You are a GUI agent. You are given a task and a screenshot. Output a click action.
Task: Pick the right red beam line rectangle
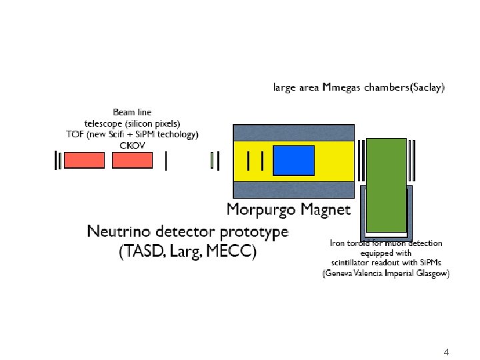132,160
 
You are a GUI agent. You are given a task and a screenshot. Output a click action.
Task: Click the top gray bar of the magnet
293,132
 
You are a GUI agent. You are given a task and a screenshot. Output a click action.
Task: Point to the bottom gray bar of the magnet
293,189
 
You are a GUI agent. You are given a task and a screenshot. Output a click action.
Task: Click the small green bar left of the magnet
212,161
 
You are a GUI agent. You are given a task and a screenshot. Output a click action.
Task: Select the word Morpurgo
261,209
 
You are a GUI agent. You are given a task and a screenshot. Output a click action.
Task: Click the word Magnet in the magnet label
325,209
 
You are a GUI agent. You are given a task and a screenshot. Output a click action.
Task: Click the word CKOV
132,145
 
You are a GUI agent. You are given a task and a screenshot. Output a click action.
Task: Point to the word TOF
74,134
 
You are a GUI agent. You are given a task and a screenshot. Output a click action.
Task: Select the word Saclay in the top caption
425,87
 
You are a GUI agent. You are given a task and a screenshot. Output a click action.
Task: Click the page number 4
447,351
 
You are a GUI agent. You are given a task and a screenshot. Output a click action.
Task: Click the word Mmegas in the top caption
342,87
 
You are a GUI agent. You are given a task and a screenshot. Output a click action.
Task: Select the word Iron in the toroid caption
339,243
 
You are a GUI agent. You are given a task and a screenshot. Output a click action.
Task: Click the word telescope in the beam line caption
105,123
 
